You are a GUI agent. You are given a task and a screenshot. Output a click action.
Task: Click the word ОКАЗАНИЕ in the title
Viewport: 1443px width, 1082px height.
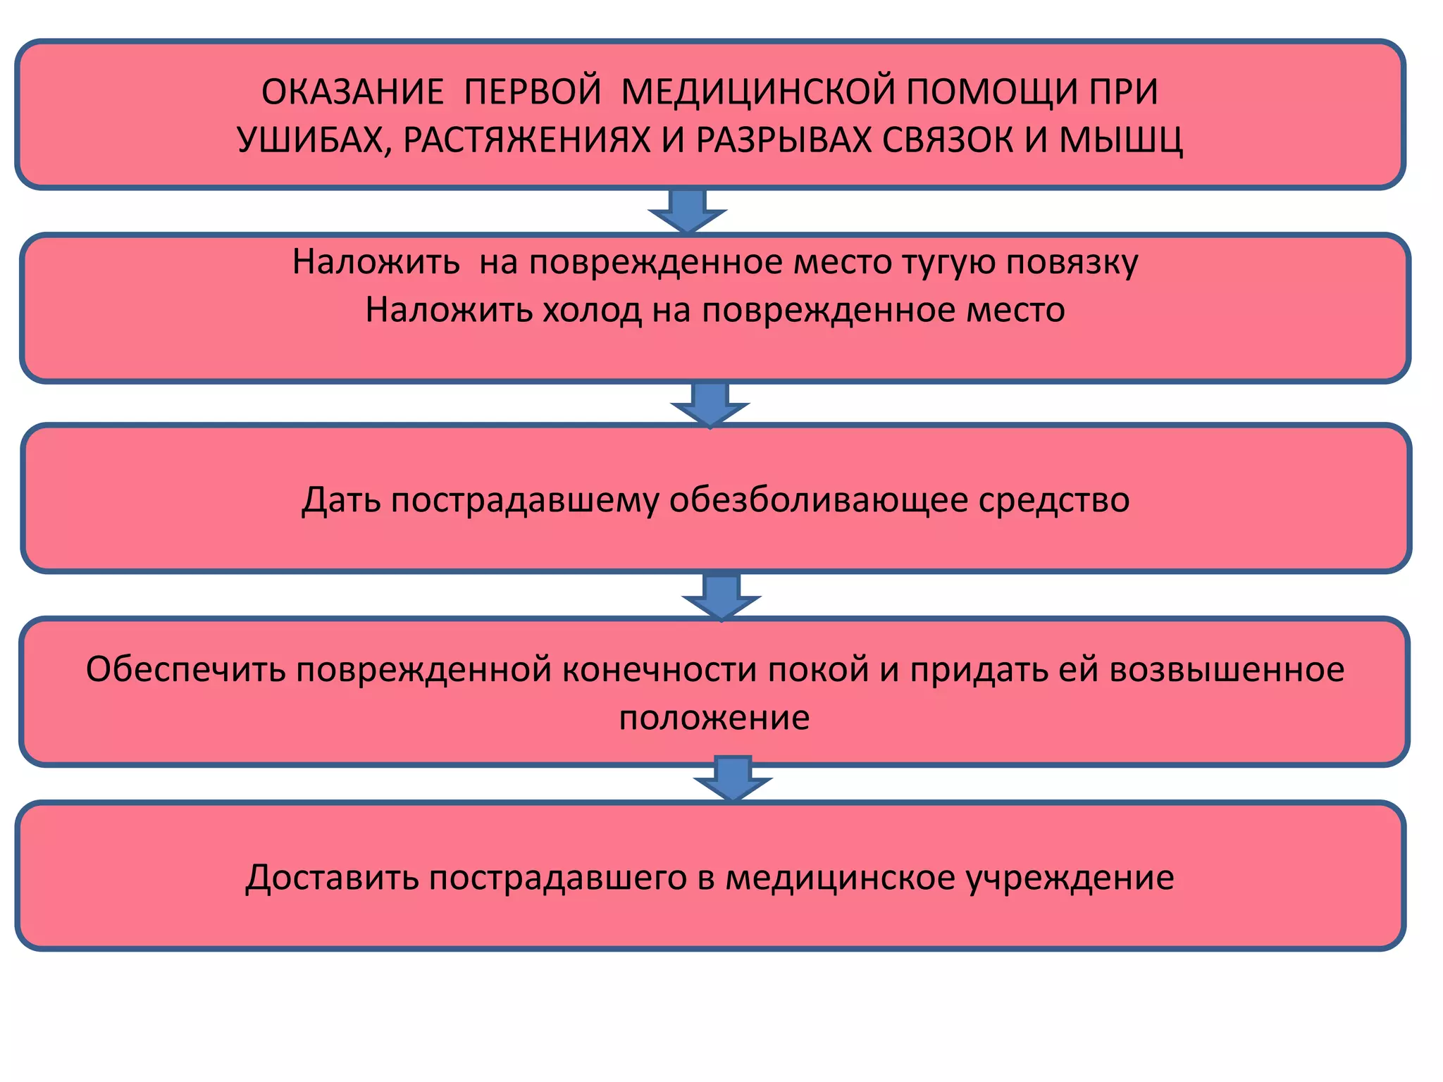pos(352,92)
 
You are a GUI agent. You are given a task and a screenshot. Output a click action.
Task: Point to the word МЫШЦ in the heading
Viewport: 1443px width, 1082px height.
pos(1121,140)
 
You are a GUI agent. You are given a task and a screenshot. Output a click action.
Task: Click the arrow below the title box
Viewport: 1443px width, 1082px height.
pos(687,210)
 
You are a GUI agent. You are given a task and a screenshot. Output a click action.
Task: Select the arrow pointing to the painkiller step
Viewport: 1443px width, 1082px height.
pos(710,404)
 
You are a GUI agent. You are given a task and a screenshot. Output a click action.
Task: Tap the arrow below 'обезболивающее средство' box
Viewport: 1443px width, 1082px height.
pos(721,596)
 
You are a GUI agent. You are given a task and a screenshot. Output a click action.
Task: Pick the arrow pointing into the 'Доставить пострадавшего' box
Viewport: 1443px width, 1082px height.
pos(733,778)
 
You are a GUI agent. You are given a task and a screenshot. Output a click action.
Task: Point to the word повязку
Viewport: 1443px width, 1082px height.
pos(1072,262)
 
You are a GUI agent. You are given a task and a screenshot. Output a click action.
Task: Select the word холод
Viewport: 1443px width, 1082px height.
pos(592,310)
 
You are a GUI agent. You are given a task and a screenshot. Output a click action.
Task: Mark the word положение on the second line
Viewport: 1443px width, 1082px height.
pos(714,718)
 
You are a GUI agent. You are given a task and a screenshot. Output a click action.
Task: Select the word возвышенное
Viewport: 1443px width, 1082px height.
pos(1227,669)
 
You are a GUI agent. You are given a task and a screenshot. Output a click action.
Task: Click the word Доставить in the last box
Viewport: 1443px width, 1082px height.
pos(332,878)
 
